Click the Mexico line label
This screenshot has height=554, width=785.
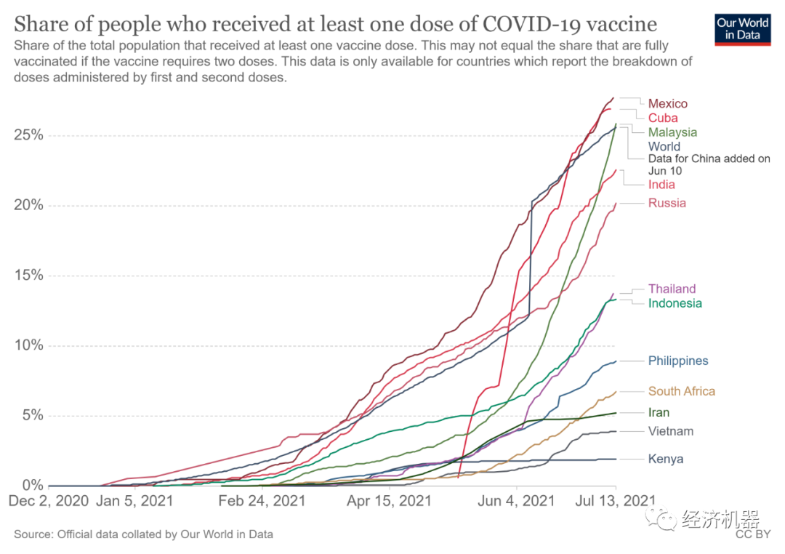667,104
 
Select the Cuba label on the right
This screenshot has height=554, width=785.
663,118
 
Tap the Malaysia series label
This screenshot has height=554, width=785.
672,132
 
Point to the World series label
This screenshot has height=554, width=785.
664,146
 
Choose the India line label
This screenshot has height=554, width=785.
661,185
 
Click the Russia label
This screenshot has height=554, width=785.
667,203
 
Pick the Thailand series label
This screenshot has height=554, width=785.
672,289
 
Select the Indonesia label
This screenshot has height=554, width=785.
675,303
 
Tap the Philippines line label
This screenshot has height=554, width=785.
677,361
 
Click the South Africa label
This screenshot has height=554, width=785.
681,391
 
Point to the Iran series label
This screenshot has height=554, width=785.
659,412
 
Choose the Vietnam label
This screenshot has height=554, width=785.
670,431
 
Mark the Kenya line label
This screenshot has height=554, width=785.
665,459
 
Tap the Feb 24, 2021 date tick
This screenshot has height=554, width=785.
261,501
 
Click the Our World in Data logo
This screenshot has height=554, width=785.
742,28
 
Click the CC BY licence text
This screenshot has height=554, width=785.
752,534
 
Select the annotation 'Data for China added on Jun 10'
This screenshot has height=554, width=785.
709,164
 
